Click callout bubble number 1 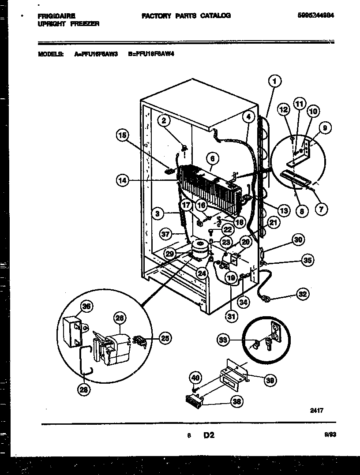[274, 81]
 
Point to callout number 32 [303, 294]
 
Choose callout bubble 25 [165, 338]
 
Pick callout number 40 [195, 378]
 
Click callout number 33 [224, 339]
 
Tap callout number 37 [165, 235]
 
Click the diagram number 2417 [316, 410]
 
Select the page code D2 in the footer [209, 435]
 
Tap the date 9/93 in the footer [330, 435]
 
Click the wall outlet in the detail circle [276, 332]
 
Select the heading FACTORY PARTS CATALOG [186, 15]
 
